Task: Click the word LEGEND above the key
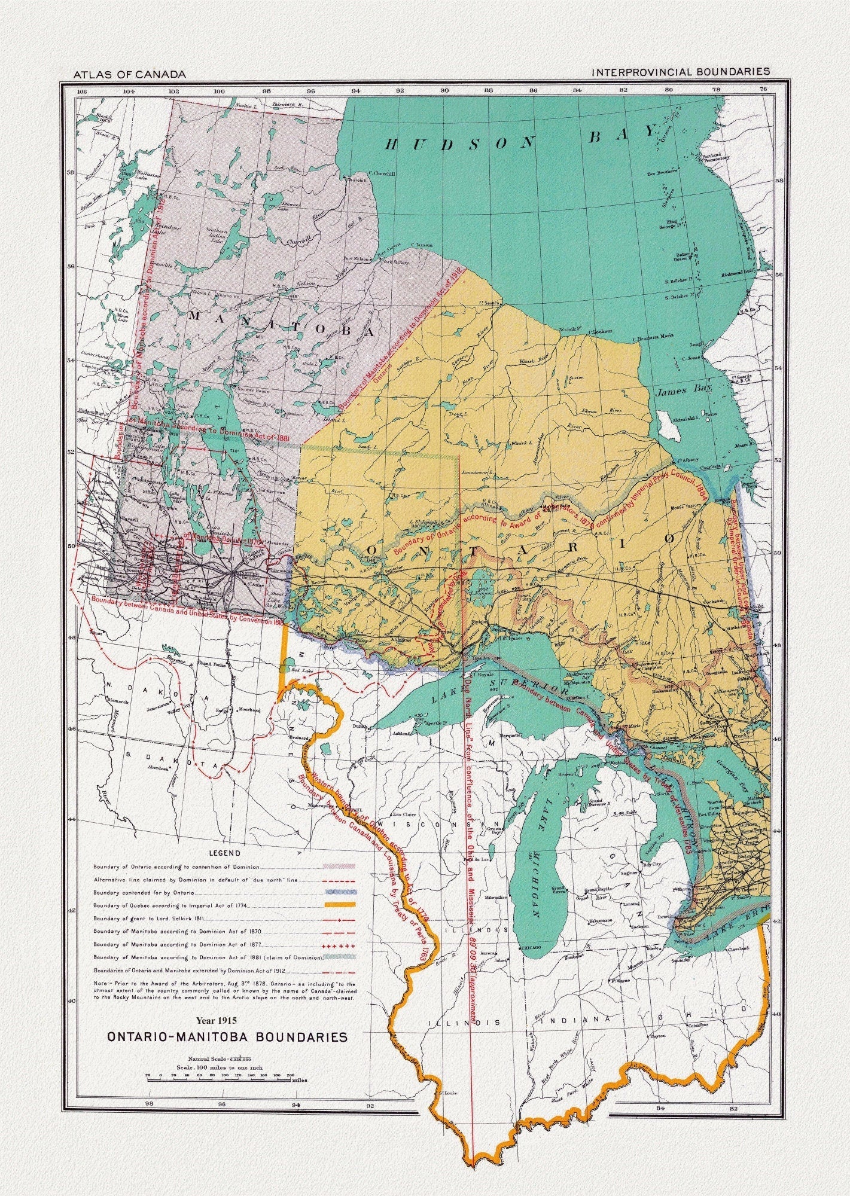tap(224, 853)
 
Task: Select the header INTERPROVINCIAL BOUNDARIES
tap(680, 72)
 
